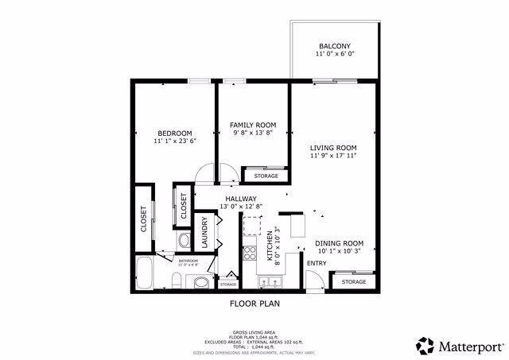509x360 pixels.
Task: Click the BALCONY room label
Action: (x=334, y=46)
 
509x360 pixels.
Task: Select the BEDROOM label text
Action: (x=174, y=133)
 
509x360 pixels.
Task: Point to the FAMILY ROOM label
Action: (x=253, y=125)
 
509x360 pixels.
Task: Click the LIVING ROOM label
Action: (x=333, y=148)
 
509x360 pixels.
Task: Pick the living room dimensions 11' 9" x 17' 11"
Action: (x=333, y=157)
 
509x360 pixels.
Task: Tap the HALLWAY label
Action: (x=240, y=199)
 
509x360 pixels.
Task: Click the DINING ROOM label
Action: (x=339, y=243)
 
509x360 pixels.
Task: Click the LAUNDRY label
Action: (x=204, y=232)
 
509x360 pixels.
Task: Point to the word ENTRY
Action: (x=316, y=263)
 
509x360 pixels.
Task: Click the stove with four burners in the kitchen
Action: (x=249, y=254)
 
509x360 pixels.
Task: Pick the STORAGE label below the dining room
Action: (x=354, y=282)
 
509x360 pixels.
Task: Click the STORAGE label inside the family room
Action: (x=266, y=176)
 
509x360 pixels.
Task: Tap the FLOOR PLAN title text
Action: (x=254, y=304)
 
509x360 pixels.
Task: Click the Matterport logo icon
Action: (x=425, y=345)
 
